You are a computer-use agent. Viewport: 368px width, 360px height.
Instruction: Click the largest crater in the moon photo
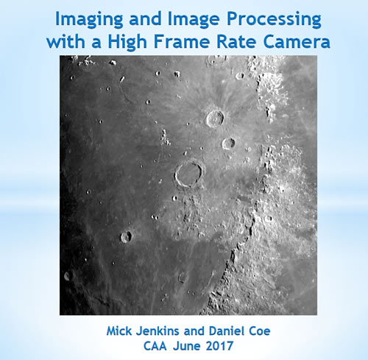coord(189,174)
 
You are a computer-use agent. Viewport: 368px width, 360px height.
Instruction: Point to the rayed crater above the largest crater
coord(216,117)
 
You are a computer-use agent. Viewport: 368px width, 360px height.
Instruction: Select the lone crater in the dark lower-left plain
coord(127,236)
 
